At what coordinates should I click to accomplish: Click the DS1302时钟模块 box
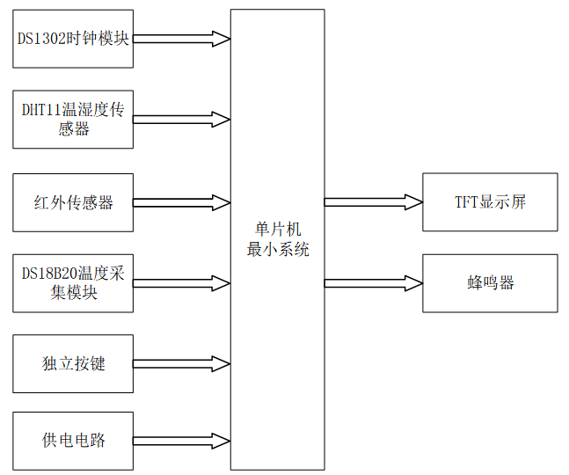[x=73, y=39]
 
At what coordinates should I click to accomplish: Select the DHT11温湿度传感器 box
[x=73, y=119]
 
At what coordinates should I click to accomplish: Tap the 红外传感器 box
[x=73, y=202]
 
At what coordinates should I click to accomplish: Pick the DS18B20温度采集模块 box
[x=73, y=283]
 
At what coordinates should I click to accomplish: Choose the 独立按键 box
[x=73, y=363]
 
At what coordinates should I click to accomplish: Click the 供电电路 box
[x=73, y=440]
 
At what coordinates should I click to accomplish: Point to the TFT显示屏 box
[x=490, y=202]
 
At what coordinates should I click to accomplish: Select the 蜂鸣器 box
[x=490, y=282]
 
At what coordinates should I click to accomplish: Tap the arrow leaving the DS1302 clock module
[x=181, y=39]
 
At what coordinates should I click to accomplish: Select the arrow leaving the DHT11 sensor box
[x=181, y=119]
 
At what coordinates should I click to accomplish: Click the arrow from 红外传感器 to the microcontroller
[x=181, y=202]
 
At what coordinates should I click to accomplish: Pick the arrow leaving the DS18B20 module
[x=181, y=283]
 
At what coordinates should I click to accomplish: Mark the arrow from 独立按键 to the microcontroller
[x=181, y=363]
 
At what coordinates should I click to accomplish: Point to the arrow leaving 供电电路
[x=181, y=440]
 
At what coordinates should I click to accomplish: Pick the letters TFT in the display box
[x=463, y=202]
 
